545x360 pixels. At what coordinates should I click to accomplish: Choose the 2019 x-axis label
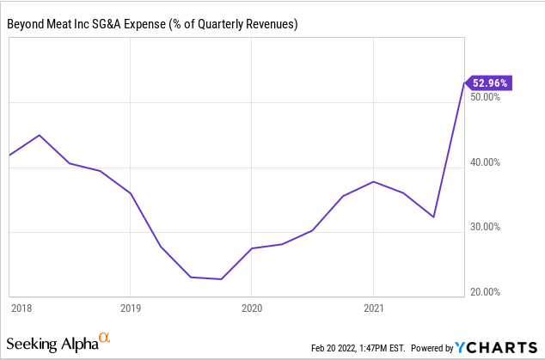click(x=130, y=307)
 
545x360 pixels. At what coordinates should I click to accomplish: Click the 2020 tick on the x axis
click(x=251, y=307)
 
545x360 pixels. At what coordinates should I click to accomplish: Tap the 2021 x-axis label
click(x=372, y=307)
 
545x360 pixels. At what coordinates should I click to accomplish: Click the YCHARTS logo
click(x=497, y=347)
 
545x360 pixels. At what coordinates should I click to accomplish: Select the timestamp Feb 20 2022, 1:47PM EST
click(x=358, y=348)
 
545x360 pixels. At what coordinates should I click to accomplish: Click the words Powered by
click(x=432, y=348)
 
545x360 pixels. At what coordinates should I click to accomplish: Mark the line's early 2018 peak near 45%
click(x=39, y=135)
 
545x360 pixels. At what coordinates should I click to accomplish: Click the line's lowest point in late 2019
click(x=221, y=279)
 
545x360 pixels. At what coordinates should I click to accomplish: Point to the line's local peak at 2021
click(x=372, y=181)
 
